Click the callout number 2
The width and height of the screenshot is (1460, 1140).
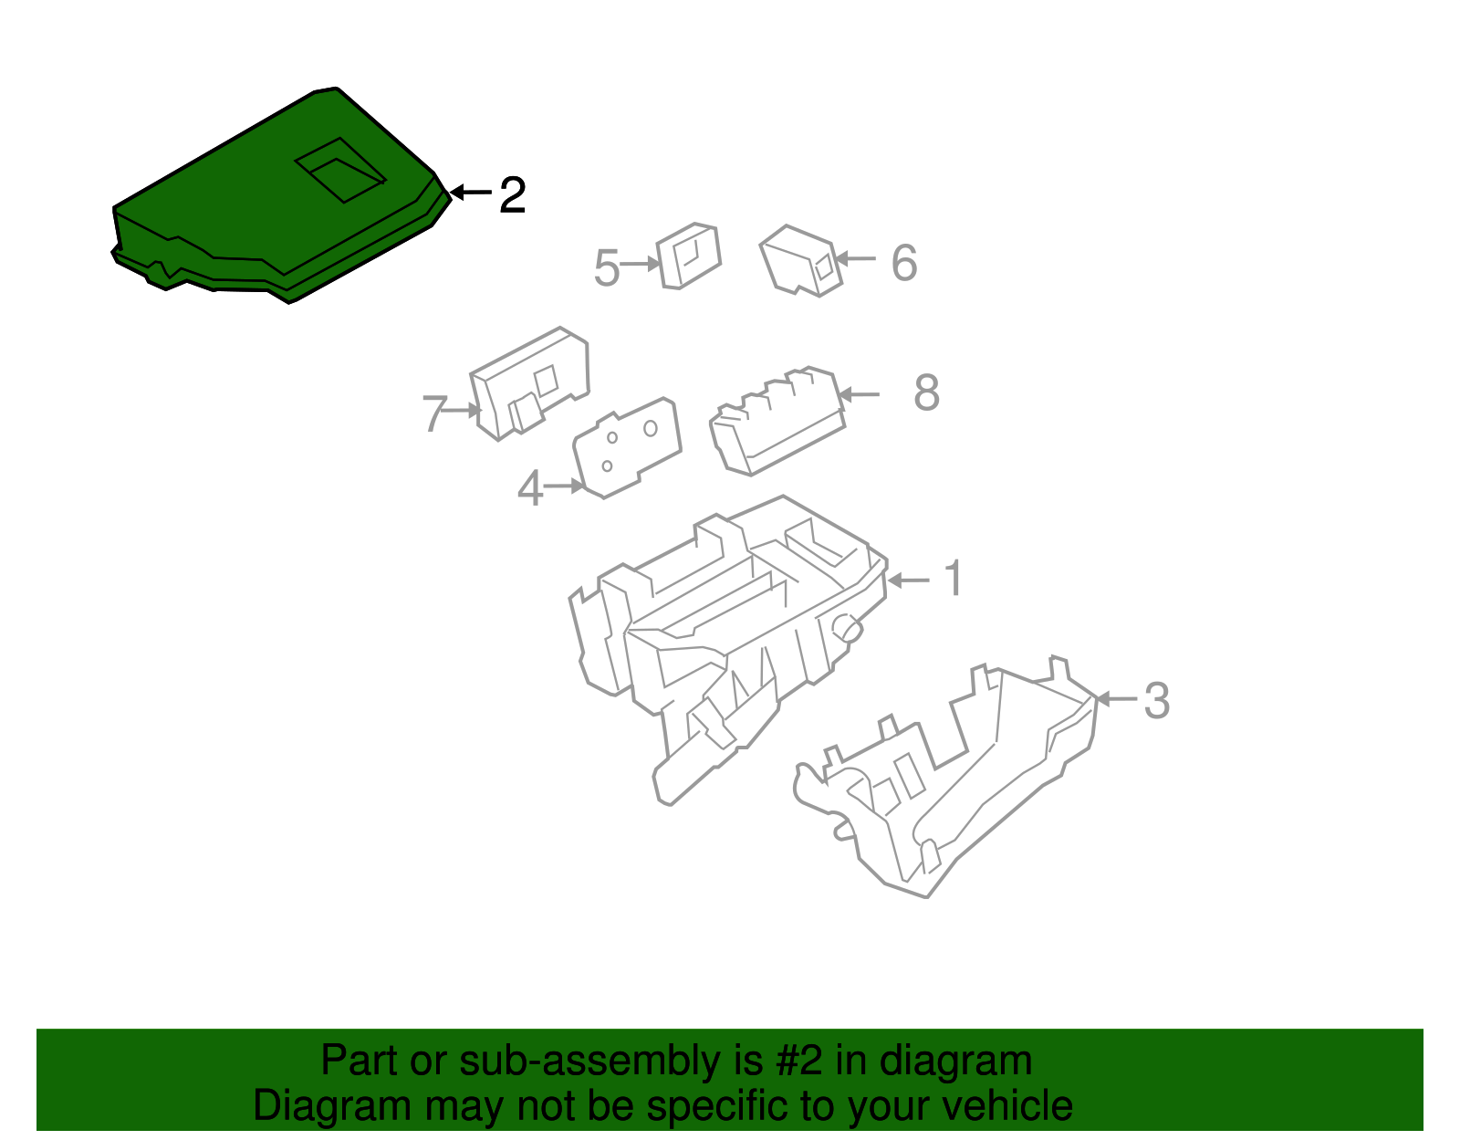(x=512, y=195)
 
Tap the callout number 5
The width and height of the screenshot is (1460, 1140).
(x=606, y=267)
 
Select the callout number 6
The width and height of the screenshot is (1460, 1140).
(x=904, y=263)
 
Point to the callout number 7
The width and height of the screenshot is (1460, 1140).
(x=434, y=413)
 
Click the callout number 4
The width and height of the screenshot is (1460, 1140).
(x=530, y=487)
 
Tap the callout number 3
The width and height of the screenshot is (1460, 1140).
(x=1156, y=701)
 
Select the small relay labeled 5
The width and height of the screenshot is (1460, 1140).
(x=689, y=256)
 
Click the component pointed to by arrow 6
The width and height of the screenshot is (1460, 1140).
(x=801, y=261)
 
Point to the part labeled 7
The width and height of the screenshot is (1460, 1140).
(x=530, y=384)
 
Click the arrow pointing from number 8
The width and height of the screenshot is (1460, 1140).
(x=860, y=394)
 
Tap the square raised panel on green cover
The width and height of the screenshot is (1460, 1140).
(x=340, y=170)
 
